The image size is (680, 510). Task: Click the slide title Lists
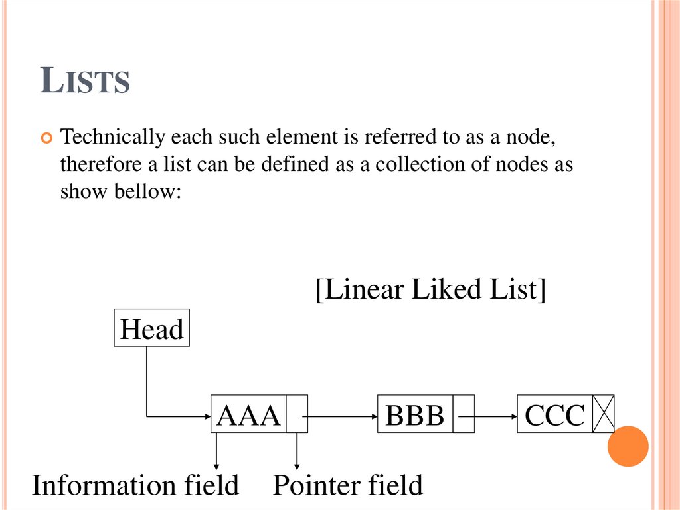click(x=85, y=80)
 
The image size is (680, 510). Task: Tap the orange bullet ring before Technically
click(x=46, y=138)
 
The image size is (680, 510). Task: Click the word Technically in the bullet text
click(x=112, y=137)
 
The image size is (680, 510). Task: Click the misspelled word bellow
click(x=147, y=191)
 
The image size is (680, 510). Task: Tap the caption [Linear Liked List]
click(x=430, y=289)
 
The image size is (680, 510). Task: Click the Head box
click(x=152, y=328)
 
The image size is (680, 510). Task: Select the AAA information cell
click(x=248, y=414)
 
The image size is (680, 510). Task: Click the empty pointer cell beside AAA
click(x=297, y=414)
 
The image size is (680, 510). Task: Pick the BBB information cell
click(x=415, y=414)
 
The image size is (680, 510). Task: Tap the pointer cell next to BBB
click(x=464, y=414)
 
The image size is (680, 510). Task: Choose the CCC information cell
click(x=555, y=414)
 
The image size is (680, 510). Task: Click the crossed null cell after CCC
click(x=604, y=414)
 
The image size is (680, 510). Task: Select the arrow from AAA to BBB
click(x=340, y=417)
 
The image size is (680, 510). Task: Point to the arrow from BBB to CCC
click(x=488, y=417)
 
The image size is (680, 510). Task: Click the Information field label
click(x=135, y=485)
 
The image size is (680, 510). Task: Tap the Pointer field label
click(x=347, y=485)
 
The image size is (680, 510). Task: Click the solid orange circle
click(x=628, y=446)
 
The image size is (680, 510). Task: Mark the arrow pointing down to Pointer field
click(x=297, y=451)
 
